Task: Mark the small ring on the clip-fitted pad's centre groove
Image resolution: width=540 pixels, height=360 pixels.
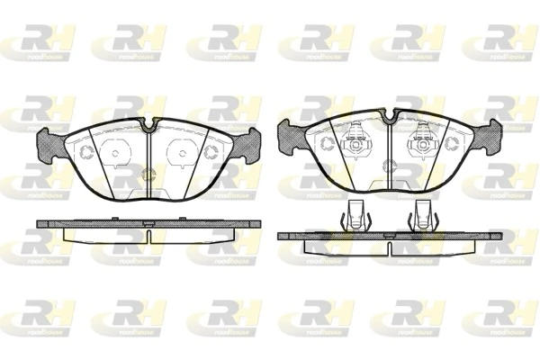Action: tap(390, 166)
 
